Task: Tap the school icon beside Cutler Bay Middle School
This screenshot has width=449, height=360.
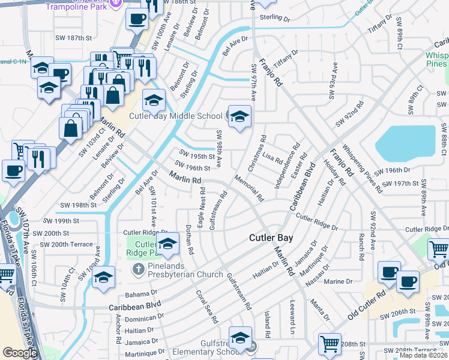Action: tap(239, 116)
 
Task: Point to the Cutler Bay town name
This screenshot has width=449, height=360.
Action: tap(271, 238)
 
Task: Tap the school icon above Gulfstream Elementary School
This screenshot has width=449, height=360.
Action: tap(240, 338)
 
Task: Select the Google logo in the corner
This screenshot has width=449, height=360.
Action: tap(19, 353)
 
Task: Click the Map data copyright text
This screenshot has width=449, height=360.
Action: tap(424, 355)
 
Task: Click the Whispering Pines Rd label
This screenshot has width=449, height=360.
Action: tap(363, 168)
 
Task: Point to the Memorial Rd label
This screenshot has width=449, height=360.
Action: tap(249, 188)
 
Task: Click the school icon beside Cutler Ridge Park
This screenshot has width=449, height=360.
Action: tap(167, 243)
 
